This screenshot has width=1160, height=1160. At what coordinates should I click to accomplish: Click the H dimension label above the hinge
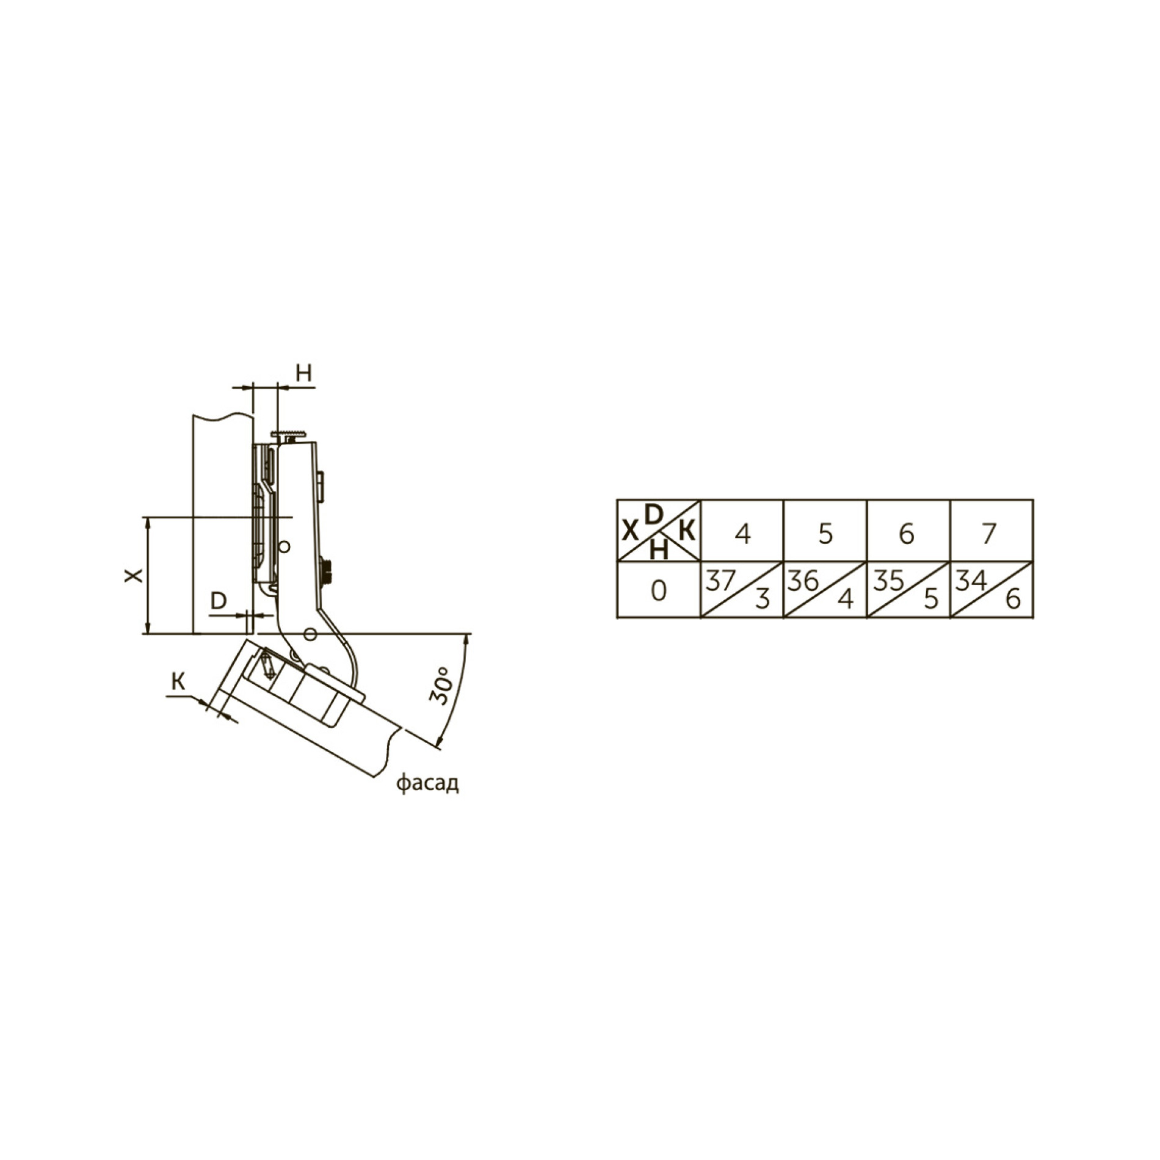coord(304,372)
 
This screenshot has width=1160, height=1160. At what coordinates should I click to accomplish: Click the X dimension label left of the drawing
coord(134,575)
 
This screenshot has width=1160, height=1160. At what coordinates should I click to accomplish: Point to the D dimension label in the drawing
coord(219,601)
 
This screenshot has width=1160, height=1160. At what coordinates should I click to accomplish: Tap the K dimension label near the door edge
coord(178,681)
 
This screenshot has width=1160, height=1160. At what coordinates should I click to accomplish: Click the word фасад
coord(427,783)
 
